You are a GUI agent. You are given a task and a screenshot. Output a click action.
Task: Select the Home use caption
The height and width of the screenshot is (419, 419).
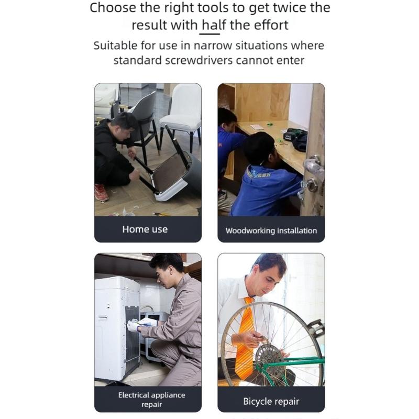click(145, 229)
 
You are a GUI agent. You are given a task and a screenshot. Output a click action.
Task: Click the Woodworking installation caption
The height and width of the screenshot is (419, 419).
click(271, 230)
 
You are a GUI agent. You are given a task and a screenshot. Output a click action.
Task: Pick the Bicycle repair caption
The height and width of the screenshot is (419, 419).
click(271, 401)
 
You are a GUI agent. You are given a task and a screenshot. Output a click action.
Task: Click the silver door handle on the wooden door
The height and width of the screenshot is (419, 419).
click(313, 167)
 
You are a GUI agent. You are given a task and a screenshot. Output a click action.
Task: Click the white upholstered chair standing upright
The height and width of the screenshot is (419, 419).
click(181, 115)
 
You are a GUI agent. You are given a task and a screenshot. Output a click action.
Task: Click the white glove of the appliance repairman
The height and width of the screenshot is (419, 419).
click(134, 326)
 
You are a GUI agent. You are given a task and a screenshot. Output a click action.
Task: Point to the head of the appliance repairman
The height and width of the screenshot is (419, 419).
click(168, 270)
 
